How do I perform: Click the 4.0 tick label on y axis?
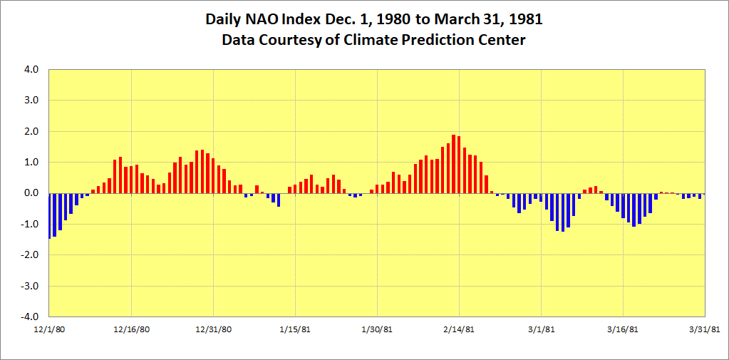(33, 70)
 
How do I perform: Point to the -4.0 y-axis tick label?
(31, 317)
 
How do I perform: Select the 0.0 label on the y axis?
(33, 193)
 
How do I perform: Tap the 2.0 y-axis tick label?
(33, 132)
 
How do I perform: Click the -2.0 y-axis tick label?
(31, 255)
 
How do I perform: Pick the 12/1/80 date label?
(49, 329)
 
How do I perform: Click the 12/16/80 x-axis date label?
(131, 329)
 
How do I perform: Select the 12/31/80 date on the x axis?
(213, 329)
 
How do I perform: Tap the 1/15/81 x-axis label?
(295, 329)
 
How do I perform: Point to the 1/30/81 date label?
(377, 329)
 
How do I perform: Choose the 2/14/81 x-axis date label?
(459, 329)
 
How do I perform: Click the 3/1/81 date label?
(541, 329)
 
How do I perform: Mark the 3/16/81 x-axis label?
(623, 329)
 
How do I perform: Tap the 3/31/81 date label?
(705, 329)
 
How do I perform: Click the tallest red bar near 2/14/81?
(453, 164)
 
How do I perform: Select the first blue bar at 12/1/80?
(49, 215)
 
